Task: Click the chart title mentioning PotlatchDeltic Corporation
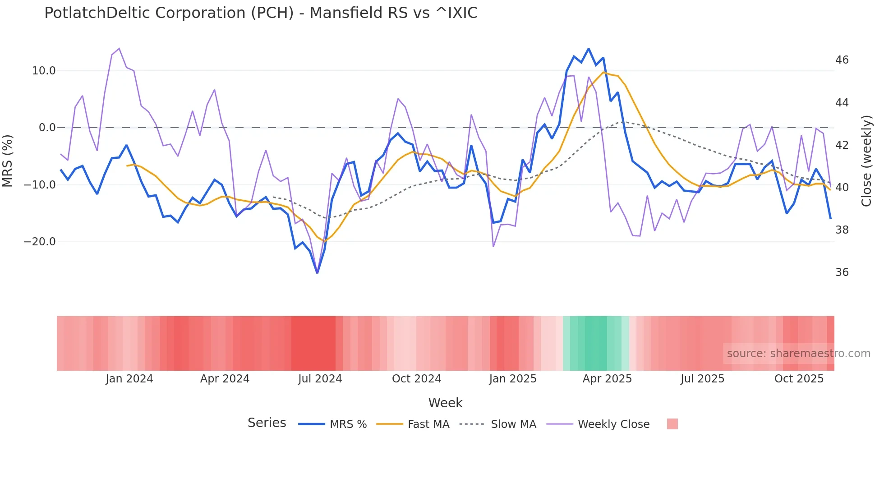[261, 13]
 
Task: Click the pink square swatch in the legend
[672, 424]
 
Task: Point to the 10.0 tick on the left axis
[44, 71]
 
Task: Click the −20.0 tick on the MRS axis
[40, 242]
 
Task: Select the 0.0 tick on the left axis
[47, 128]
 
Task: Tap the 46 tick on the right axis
[842, 60]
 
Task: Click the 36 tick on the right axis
[842, 272]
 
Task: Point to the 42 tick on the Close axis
[842, 145]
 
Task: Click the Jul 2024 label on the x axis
[320, 379]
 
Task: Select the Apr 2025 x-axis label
[607, 379]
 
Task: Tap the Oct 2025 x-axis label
[799, 379]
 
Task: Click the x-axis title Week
[445, 403]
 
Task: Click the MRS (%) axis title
[8, 161]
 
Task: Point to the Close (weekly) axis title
[866, 161]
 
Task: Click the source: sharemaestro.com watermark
[798, 354]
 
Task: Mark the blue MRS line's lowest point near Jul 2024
[317, 272]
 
